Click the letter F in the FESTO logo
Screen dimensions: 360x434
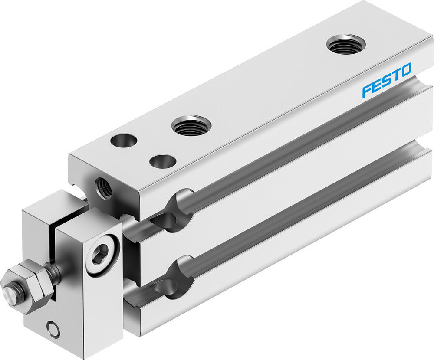[367, 90]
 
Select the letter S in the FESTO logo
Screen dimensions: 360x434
[386, 80]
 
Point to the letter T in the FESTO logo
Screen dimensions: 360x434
[395, 75]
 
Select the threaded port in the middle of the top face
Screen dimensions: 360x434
[191, 126]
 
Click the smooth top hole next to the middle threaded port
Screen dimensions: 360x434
[163, 161]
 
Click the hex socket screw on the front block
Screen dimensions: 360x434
[102, 253]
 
